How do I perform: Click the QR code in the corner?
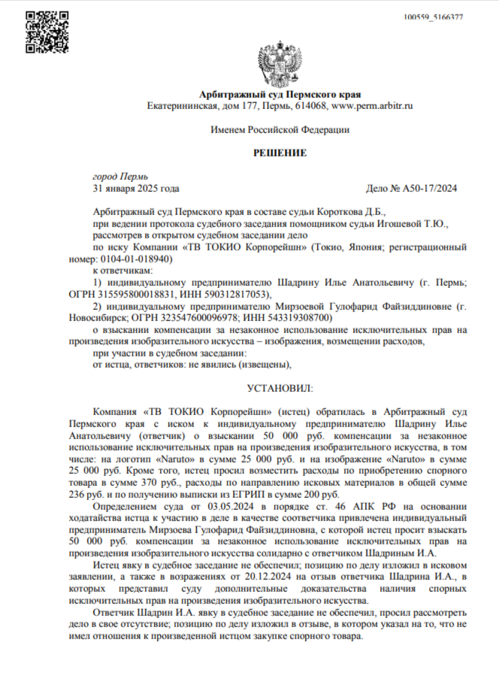pos(46,32)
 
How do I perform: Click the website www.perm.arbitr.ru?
pos(372,106)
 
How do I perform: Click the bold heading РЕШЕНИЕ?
pos(280,153)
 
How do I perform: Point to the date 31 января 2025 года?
pos(136,188)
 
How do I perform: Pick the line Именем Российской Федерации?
pos(280,130)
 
